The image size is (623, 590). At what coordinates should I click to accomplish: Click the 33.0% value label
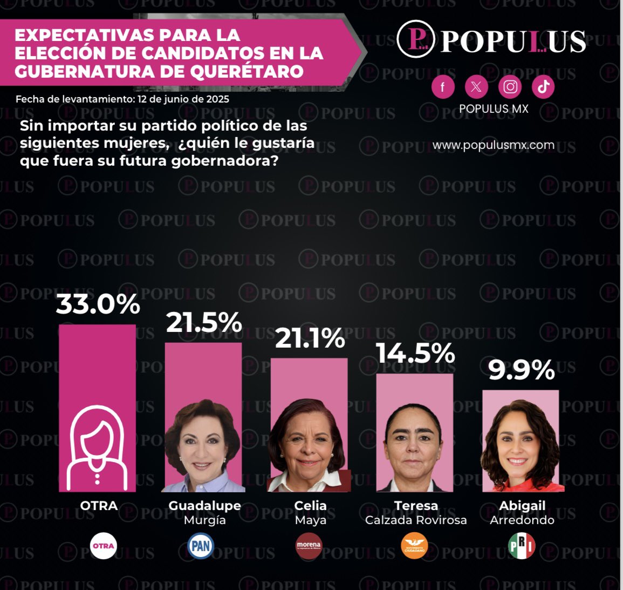pyautogui.click(x=98, y=304)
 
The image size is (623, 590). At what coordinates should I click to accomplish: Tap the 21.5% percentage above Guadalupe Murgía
pyautogui.click(x=204, y=323)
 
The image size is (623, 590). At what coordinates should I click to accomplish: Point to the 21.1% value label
pyautogui.click(x=310, y=338)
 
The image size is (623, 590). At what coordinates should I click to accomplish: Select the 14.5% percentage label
pyautogui.click(x=416, y=354)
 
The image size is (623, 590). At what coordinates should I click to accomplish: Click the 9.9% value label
pyautogui.click(x=522, y=370)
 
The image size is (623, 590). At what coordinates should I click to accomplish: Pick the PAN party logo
pyautogui.click(x=201, y=546)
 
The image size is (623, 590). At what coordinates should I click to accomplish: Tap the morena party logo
pyautogui.click(x=309, y=546)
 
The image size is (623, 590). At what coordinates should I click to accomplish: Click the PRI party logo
pyautogui.click(x=522, y=546)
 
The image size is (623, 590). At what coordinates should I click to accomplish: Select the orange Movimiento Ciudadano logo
pyautogui.click(x=414, y=546)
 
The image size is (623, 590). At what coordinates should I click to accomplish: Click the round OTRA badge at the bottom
pyautogui.click(x=103, y=546)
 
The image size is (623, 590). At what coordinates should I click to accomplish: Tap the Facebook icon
pyautogui.click(x=443, y=87)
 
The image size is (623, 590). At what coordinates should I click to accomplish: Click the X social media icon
pyautogui.click(x=476, y=87)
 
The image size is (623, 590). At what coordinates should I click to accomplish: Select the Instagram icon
pyautogui.click(x=510, y=87)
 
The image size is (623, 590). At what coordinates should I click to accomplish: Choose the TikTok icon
pyautogui.click(x=543, y=87)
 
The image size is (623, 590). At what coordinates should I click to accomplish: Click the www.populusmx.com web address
pyautogui.click(x=494, y=145)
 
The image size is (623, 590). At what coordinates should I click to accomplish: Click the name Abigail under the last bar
pyautogui.click(x=522, y=506)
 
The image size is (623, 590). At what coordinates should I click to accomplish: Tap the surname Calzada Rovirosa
pyautogui.click(x=416, y=520)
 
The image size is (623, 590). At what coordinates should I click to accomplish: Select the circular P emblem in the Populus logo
pyautogui.click(x=416, y=39)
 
